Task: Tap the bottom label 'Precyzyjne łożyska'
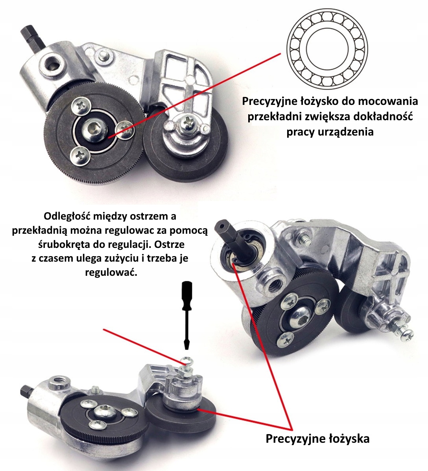click(317, 438)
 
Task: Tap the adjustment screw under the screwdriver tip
click(186, 361)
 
